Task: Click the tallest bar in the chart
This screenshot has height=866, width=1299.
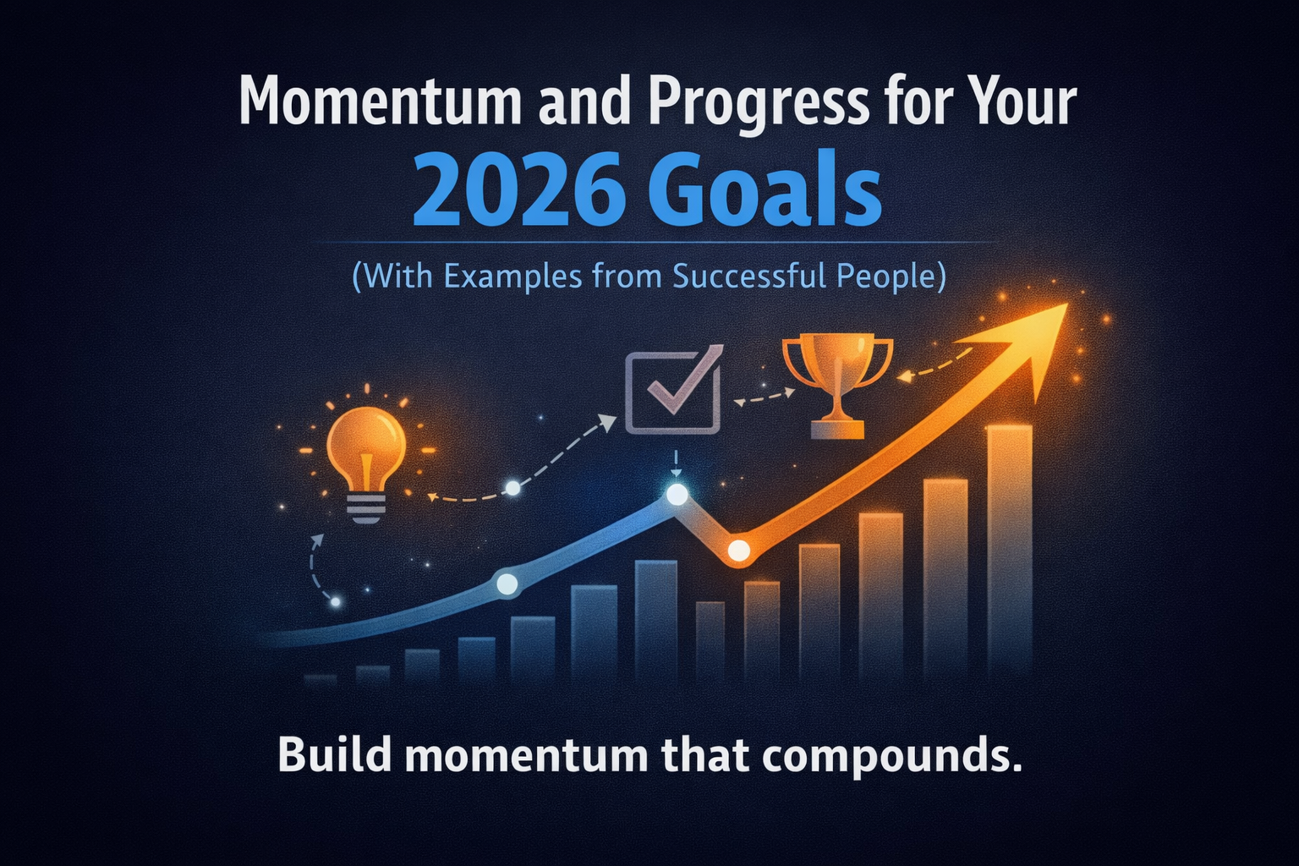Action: click(x=1010, y=550)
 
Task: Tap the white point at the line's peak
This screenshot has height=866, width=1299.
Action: click(x=677, y=496)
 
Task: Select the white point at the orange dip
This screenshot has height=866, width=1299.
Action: click(x=738, y=551)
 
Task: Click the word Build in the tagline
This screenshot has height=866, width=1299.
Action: click(x=334, y=755)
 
